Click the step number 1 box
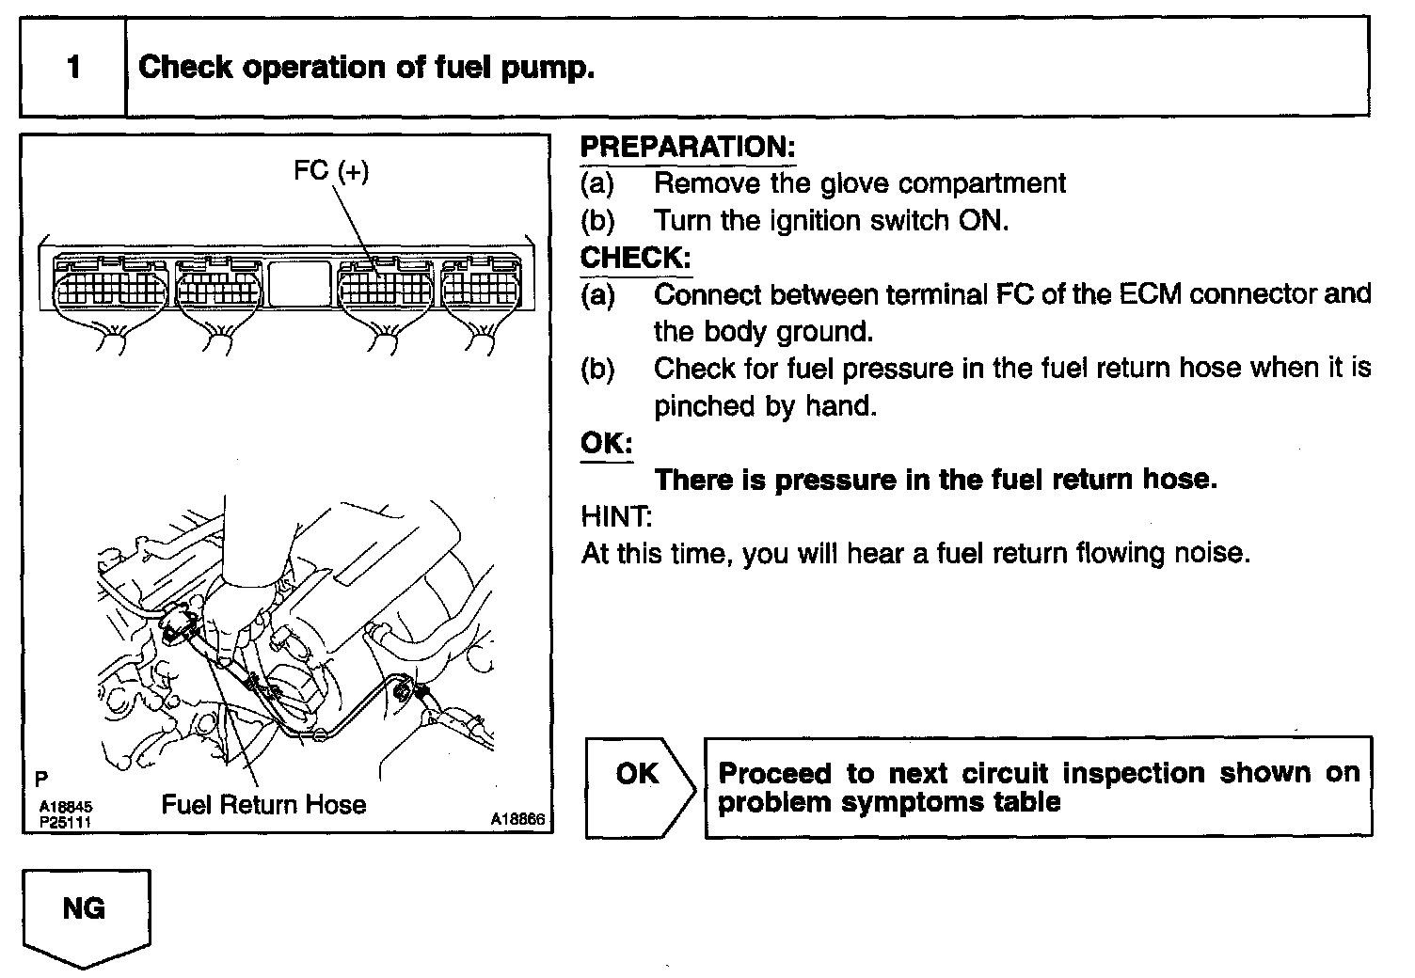coord(73,68)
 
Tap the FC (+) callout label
coord(331,171)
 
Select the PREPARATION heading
coord(688,147)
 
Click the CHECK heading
coord(636,258)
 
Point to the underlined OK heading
coord(607,443)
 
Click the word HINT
coord(616,516)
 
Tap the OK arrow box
coord(639,787)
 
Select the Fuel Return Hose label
coord(263,805)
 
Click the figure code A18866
coord(517,820)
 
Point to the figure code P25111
coord(65,821)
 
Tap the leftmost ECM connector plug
coord(110,285)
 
